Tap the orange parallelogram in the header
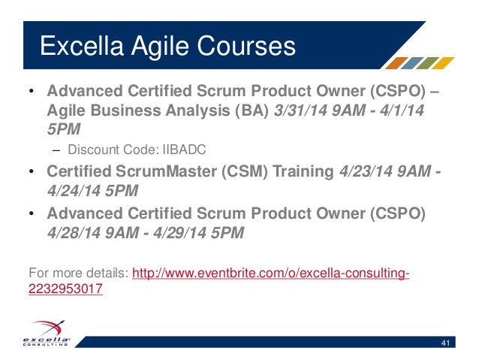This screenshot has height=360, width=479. click(397, 63)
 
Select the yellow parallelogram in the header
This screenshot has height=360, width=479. click(444, 63)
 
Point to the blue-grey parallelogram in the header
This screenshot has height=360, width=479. click(413, 63)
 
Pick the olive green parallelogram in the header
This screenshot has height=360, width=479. click(429, 63)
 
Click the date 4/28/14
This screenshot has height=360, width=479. click(77, 232)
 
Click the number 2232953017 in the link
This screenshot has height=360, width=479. click(65, 287)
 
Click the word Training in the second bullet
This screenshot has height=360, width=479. click(300, 173)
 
